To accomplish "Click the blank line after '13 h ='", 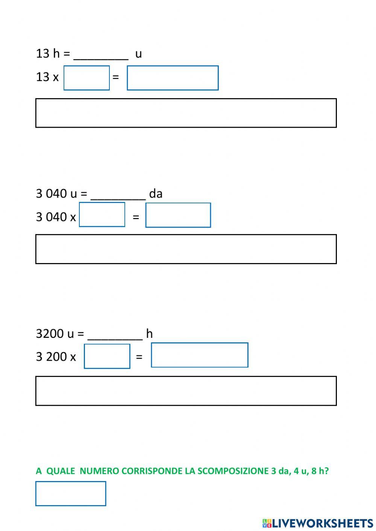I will tap(101, 55).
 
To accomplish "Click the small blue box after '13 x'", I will tap(86, 78).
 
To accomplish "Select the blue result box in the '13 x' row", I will tap(173, 78).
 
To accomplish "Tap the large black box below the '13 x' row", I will tap(186, 113).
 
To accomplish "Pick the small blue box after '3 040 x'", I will tap(102, 215).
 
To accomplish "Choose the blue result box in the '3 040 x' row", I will tap(178, 215).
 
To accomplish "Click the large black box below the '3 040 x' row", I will tap(186, 249).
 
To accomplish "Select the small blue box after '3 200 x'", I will tap(107, 356).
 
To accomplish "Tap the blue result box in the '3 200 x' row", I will tap(199, 355).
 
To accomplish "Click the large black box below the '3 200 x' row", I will tap(186, 391).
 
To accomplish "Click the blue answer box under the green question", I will tap(71, 493).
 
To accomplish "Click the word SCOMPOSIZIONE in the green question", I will tap(233, 471).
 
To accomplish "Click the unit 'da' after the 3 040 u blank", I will tap(156, 194).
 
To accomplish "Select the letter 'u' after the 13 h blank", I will tap(138, 54).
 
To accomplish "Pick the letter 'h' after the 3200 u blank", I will tap(149, 333).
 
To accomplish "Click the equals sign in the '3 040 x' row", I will tap(136, 217).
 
